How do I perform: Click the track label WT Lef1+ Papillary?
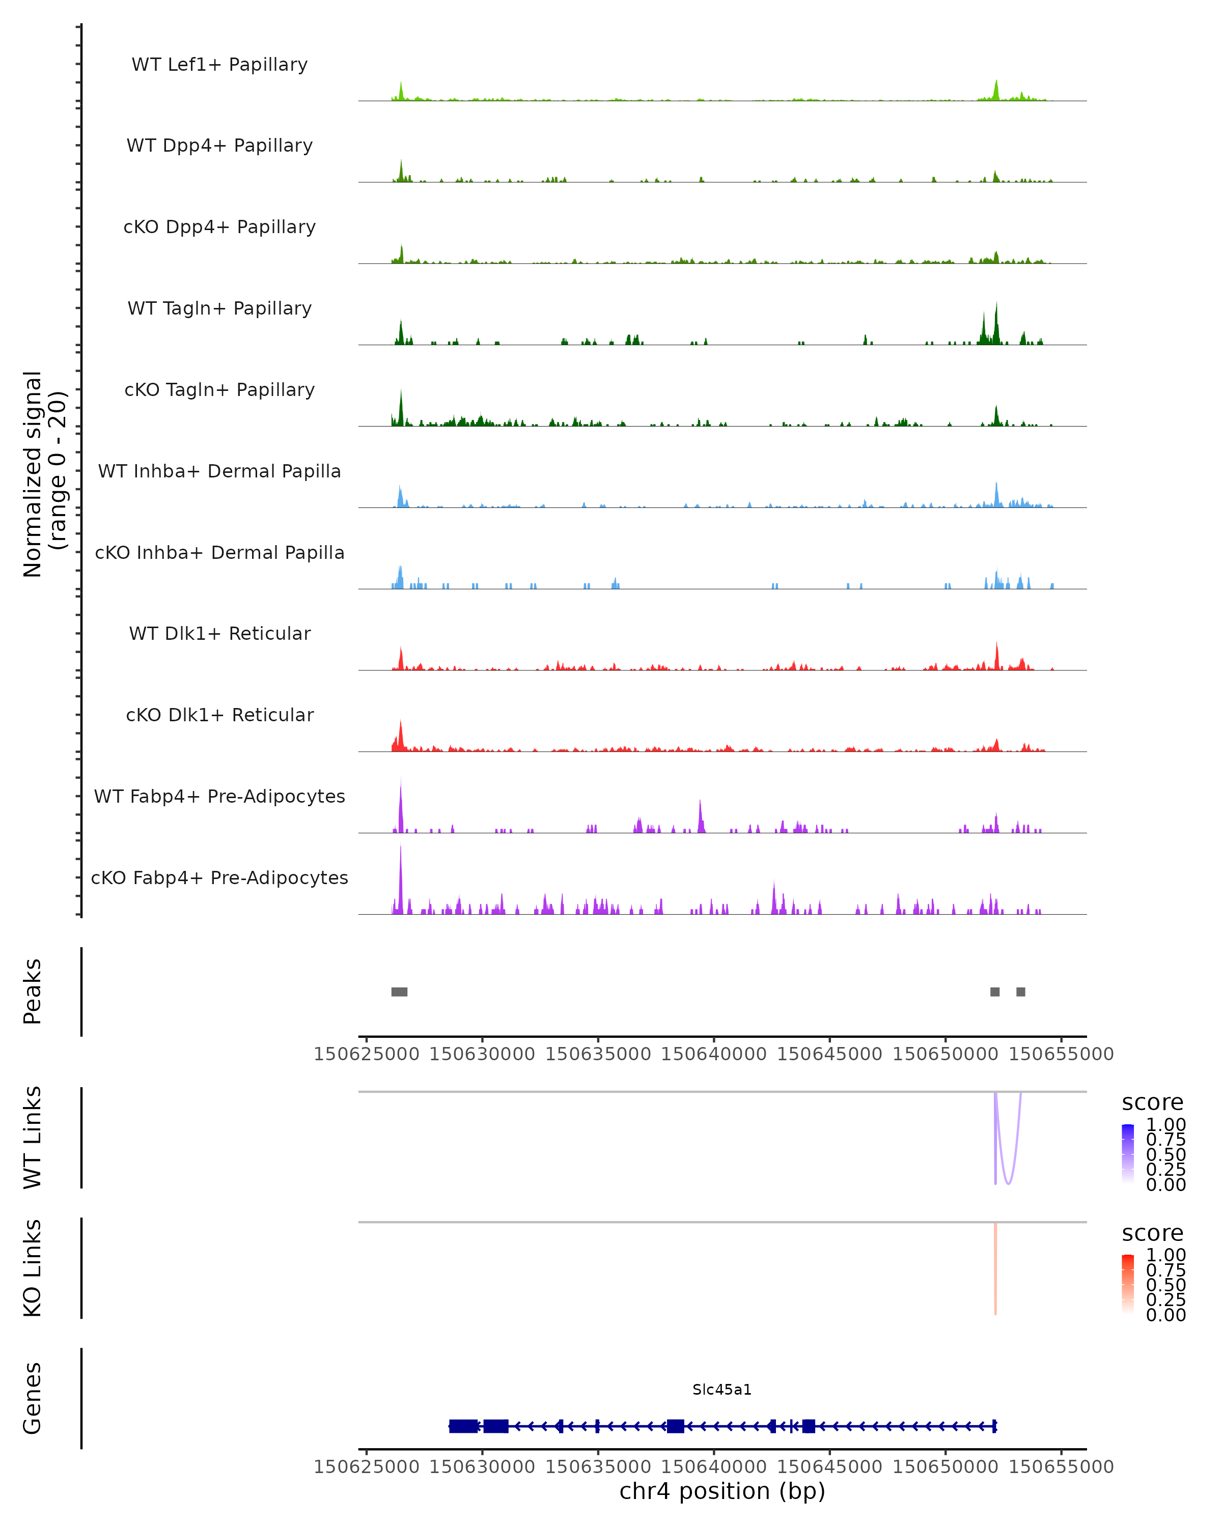[x=219, y=65]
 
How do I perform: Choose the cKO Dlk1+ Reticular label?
[x=219, y=715]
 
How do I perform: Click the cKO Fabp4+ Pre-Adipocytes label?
[x=219, y=878]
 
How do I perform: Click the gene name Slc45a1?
[x=722, y=1390]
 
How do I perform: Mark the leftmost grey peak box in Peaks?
[x=400, y=992]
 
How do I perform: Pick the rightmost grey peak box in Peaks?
[x=1021, y=992]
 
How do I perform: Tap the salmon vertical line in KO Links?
[x=995, y=1268]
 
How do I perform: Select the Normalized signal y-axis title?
[x=44, y=474]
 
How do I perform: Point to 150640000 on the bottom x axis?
[x=713, y=1467]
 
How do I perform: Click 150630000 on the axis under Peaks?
[x=482, y=1054]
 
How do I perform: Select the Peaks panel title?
[x=33, y=992]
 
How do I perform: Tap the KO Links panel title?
[x=33, y=1268]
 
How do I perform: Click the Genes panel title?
[x=33, y=1398]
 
